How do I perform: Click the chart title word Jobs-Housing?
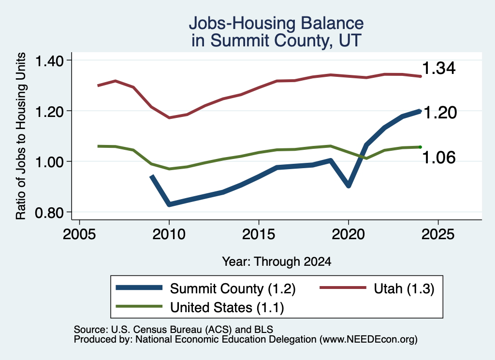tap(242, 23)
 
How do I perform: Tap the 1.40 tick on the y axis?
tap(49, 61)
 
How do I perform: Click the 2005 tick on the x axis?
tap(80, 234)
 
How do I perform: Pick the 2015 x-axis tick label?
tap(259, 234)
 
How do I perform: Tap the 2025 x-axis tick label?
tap(438, 234)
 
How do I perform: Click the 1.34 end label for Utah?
tap(439, 68)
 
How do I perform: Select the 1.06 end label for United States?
tap(439, 158)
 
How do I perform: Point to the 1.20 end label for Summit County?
tap(440, 113)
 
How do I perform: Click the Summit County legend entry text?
tap(233, 288)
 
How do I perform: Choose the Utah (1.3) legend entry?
tap(404, 288)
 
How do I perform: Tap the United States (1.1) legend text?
tap(227, 308)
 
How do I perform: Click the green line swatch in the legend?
tap(139, 306)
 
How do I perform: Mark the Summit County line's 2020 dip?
tap(349, 186)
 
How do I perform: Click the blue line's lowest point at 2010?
tap(169, 204)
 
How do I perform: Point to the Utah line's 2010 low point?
tap(169, 118)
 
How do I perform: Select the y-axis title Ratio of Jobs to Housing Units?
tap(21, 136)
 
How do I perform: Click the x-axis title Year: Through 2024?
tap(277, 261)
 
